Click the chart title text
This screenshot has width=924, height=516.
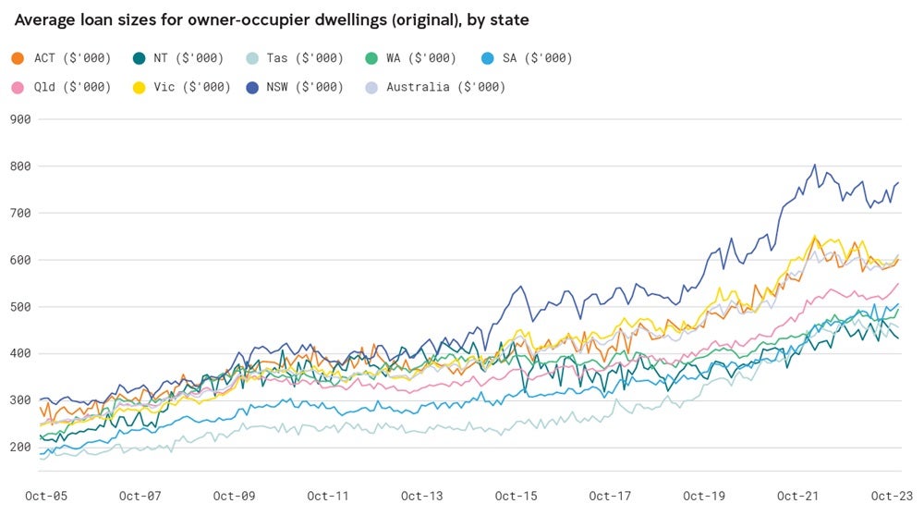point(272,19)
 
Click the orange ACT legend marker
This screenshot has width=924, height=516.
point(18,58)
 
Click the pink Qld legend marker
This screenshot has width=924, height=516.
point(18,87)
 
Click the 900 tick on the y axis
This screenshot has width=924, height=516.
point(20,119)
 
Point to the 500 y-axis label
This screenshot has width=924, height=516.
point(20,307)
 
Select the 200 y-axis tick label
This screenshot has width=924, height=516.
point(20,448)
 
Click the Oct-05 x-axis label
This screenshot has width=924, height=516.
point(46,496)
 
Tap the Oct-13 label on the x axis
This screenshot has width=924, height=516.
point(421,496)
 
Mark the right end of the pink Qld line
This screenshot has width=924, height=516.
point(898,284)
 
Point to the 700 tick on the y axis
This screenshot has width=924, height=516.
point(20,214)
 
